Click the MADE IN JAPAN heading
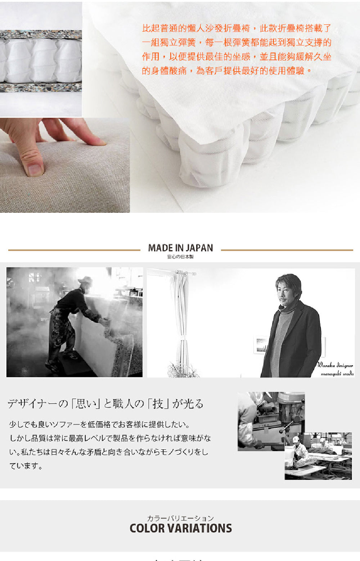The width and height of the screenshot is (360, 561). point(180,248)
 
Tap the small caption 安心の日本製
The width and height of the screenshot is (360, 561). point(180,257)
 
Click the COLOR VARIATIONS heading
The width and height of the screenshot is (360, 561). point(180,528)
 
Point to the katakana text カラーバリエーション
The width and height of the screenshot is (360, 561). point(180,518)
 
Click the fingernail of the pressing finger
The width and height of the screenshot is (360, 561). point(35,169)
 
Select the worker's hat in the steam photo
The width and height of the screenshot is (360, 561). point(86,280)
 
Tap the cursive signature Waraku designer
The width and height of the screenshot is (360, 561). point(335,366)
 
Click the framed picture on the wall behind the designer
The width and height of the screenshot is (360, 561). point(261,345)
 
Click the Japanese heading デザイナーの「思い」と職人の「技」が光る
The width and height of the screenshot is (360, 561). point(105,404)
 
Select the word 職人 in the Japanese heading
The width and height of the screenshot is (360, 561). point(123,404)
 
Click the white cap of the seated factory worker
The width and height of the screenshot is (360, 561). point(296,439)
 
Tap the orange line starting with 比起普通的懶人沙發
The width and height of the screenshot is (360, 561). point(237,28)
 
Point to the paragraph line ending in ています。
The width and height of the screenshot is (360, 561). point(26,466)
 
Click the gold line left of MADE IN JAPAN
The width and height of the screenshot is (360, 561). point(74,250)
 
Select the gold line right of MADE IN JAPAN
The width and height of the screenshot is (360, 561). point(287,250)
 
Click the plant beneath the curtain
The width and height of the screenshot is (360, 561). point(184,370)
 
